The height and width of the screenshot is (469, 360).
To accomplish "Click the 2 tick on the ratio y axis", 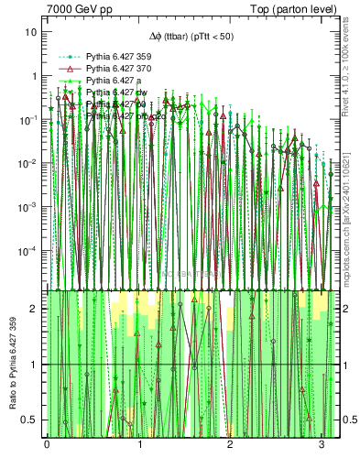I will (35, 309).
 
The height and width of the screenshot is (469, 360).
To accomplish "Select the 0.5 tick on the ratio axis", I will (31, 420).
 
